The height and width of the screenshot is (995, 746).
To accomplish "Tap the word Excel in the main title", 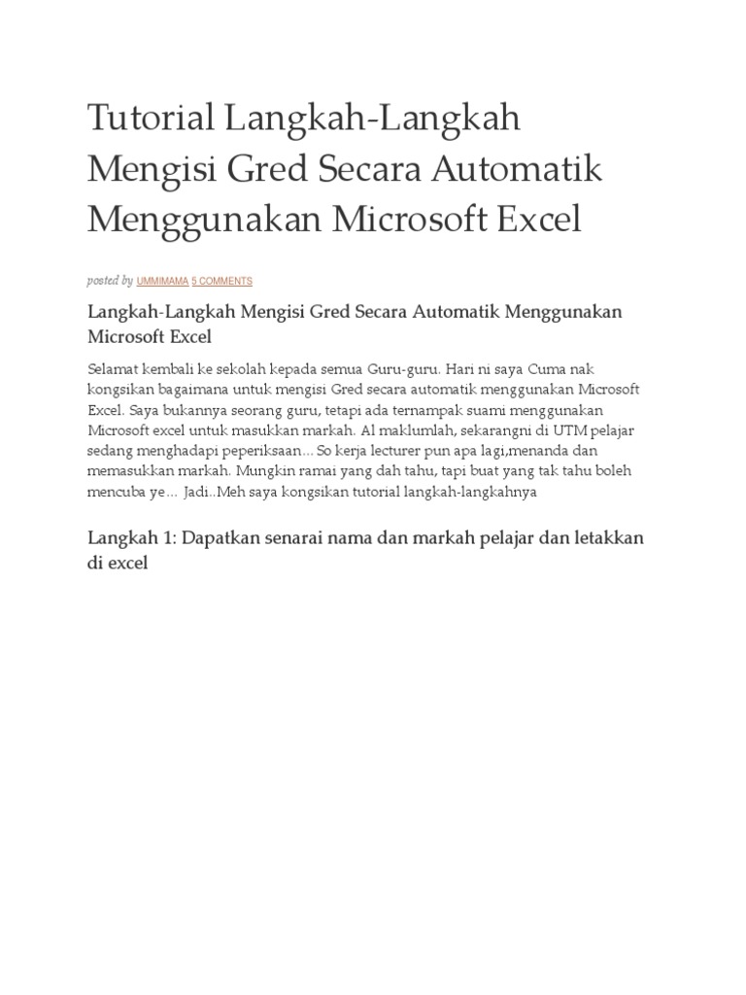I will pos(539,220).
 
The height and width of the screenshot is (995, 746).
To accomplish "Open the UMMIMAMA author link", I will pos(162,281).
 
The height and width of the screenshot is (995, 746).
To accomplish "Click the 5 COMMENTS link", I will pos(221,281).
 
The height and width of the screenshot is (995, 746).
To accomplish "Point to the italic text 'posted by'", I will pos(110,281).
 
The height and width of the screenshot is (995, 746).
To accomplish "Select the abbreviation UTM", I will pos(571,430).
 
